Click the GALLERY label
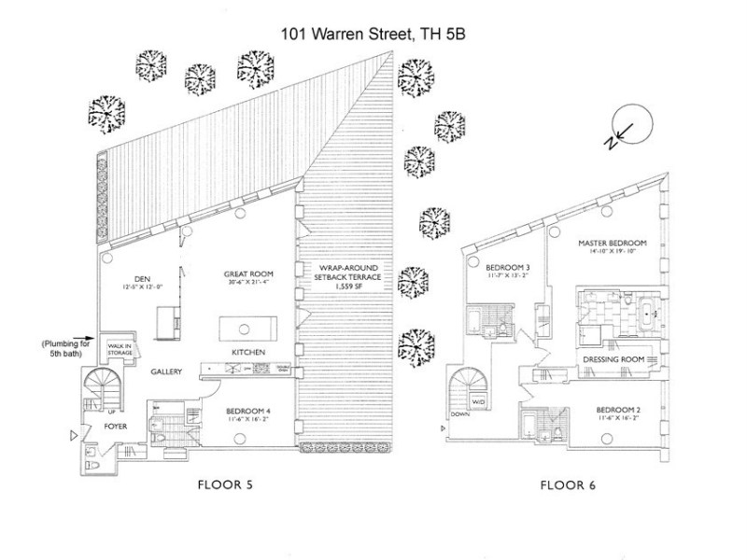coord(163,371)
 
